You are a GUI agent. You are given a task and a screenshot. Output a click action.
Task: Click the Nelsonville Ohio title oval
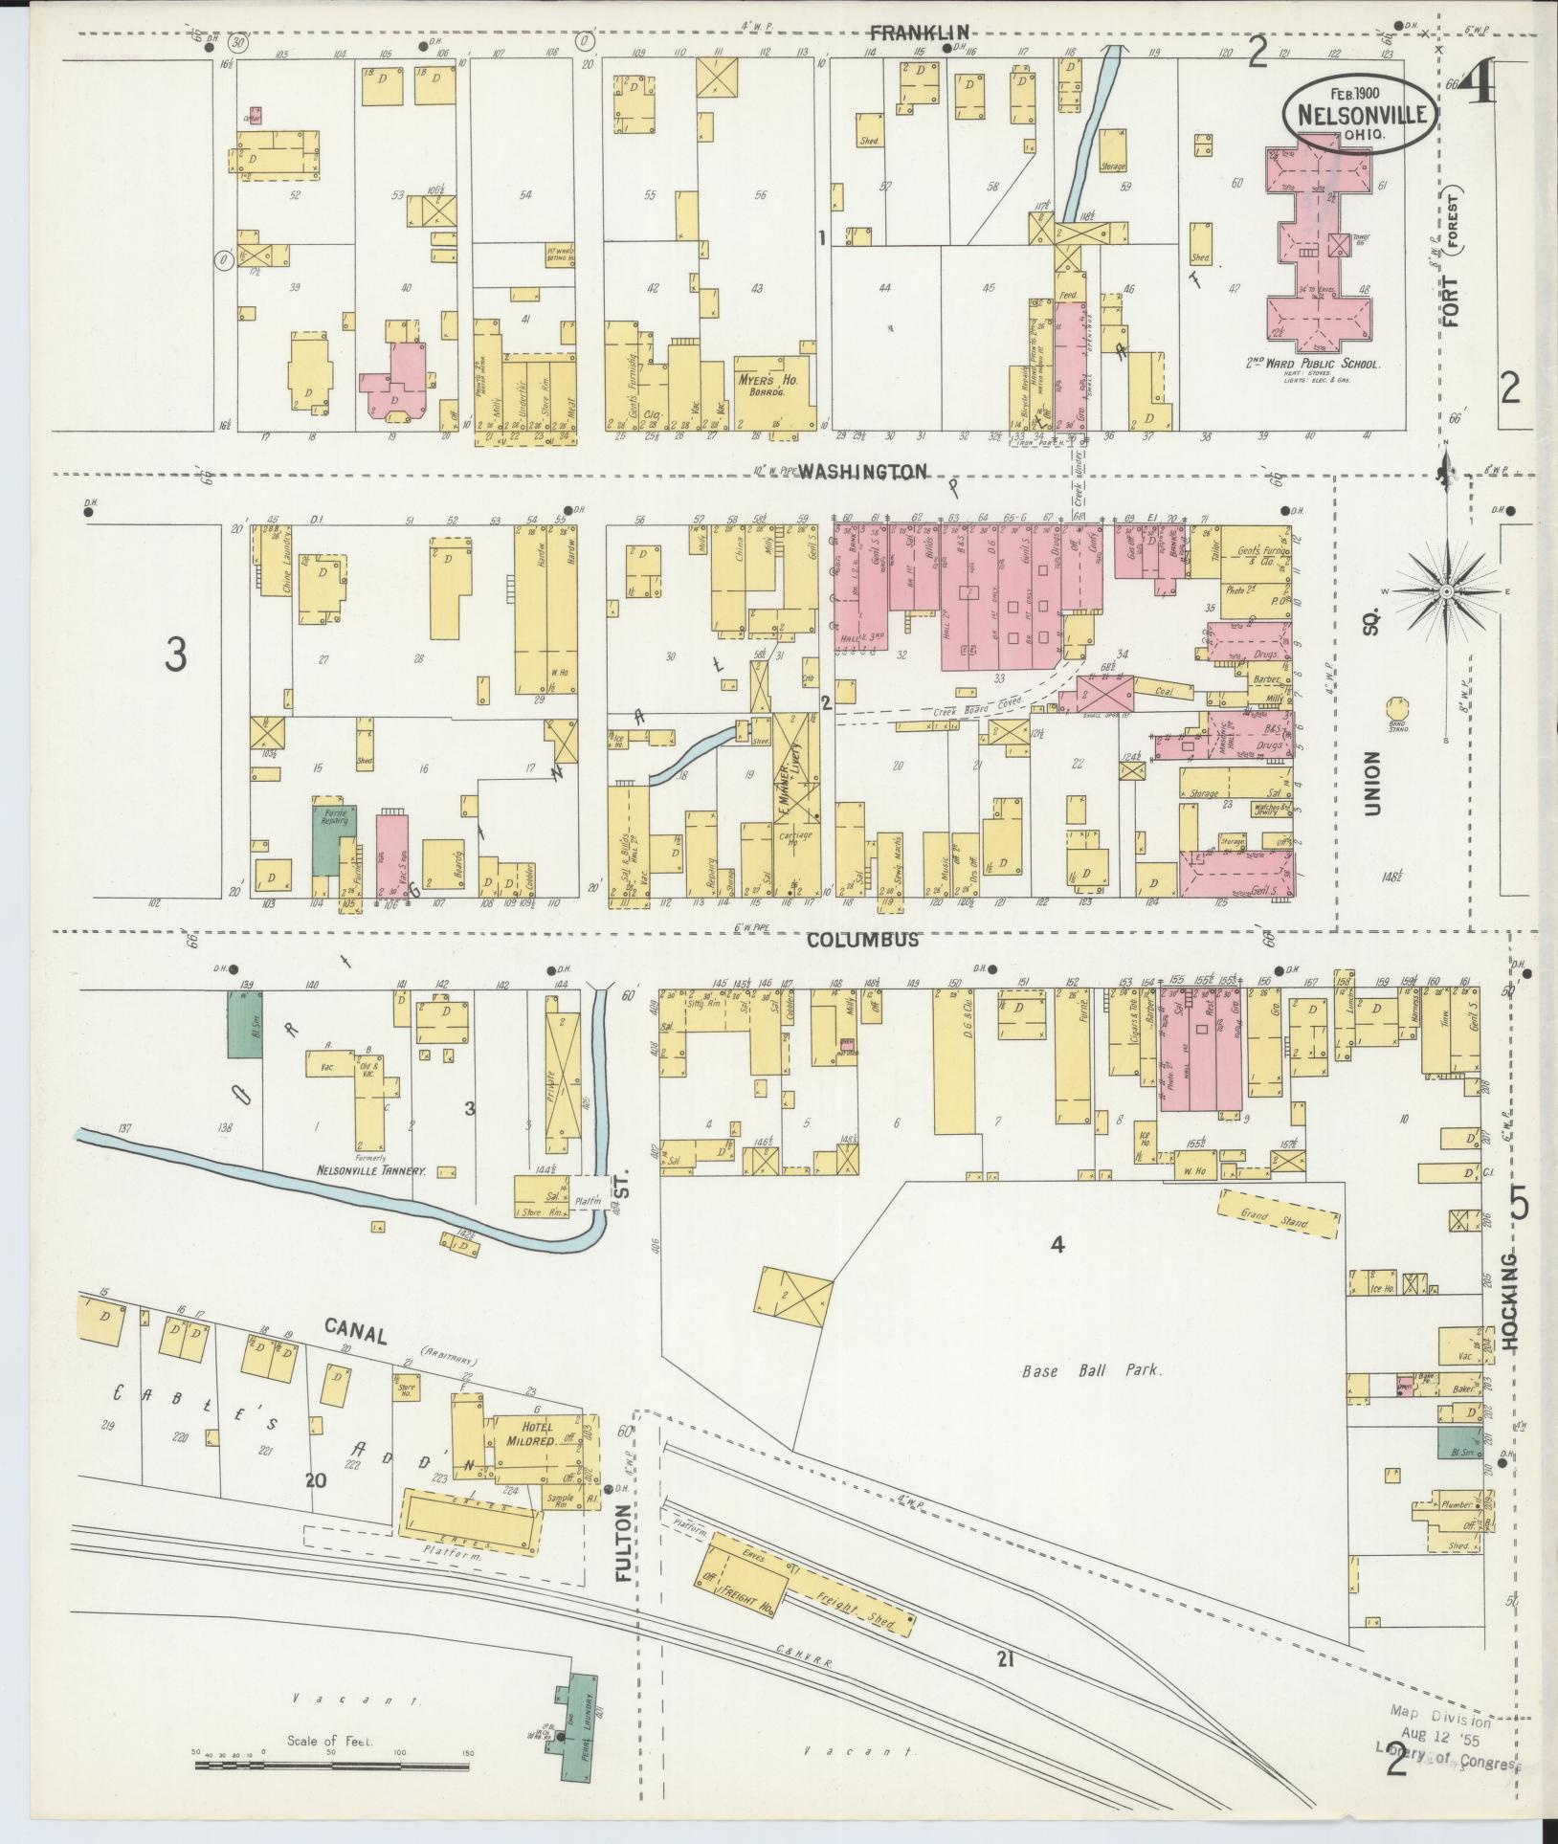[x=1360, y=114]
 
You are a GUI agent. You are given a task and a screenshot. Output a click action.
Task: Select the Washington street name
[x=863, y=471]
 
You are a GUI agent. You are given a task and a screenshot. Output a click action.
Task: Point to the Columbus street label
[x=862, y=939]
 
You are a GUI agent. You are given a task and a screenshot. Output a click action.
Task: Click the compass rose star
[x=1446, y=592]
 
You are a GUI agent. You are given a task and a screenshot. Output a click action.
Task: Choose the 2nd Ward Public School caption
[x=1310, y=364]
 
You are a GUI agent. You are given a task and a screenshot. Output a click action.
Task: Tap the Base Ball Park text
[x=1090, y=1370]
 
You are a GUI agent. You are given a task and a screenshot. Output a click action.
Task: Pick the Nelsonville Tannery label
[x=371, y=1169]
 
